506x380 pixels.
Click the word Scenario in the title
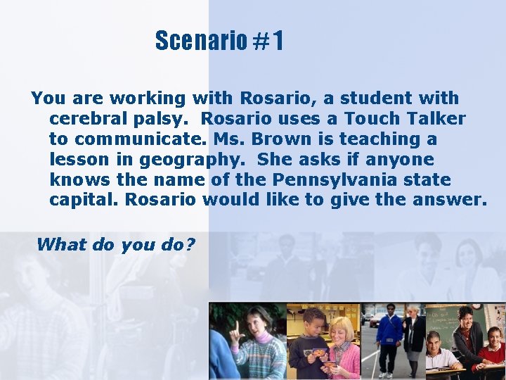coord(200,42)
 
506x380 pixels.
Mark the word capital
coord(84,200)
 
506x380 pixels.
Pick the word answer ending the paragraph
coord(450,200)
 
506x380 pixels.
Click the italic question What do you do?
coord(115,244)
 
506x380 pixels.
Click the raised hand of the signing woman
coord(237,329)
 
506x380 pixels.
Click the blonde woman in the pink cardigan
coord(342,345)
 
